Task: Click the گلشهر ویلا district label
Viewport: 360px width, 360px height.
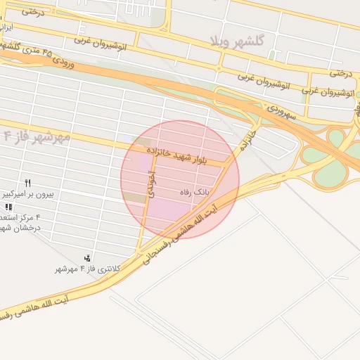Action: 237,41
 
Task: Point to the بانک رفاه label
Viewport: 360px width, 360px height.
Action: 195,191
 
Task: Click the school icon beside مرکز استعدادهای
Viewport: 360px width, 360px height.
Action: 8,207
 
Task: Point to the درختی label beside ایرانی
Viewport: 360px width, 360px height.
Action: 32,11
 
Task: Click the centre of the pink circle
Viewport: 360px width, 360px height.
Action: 180,179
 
